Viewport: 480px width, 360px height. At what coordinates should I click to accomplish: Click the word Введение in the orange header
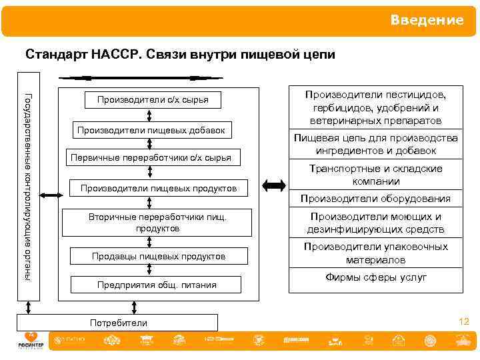click(427, 20)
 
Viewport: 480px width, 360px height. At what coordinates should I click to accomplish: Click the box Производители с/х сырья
click(153, 100)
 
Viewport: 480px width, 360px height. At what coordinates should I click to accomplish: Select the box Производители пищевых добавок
click(151, 129)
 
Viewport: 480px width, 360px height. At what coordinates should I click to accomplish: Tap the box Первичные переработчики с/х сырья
click(151, 158)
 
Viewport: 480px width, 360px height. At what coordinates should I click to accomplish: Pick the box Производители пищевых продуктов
click(158, 189)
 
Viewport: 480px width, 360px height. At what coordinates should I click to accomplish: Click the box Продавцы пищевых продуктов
click(158, 256)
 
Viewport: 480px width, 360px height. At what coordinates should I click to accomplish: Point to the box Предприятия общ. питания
click(157, 285)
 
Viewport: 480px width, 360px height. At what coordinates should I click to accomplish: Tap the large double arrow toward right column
click(273, 185)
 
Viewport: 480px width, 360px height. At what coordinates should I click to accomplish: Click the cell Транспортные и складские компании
click(375, 175)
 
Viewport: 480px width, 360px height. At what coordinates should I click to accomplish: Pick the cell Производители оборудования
click(375, 199)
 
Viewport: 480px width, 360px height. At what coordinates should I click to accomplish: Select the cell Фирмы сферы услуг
click(375, 277)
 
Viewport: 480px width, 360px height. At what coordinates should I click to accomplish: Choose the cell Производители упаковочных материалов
click(375, 253)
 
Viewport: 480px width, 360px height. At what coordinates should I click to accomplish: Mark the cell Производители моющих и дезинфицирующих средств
click(375, 223)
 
